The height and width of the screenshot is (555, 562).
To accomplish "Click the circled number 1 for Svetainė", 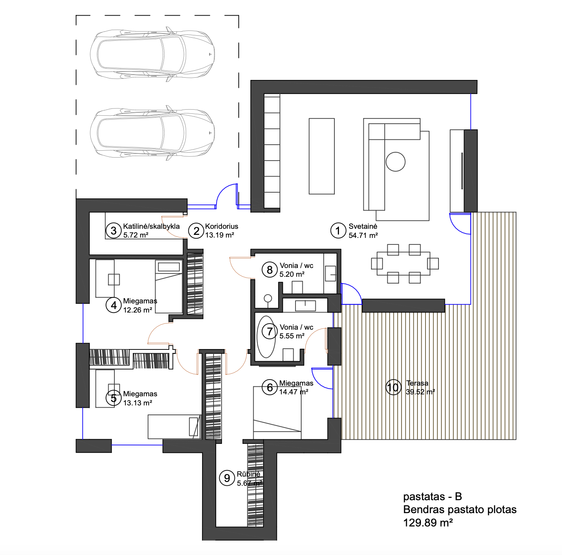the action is point(338,231).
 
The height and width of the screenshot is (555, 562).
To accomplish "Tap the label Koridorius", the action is point(222,226).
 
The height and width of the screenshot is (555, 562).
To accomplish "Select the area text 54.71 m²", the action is point(363,235).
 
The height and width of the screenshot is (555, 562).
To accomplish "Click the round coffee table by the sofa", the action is point(395,162).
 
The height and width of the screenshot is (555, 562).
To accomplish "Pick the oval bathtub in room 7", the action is point(266,337).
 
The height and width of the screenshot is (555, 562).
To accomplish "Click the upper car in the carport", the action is point(152,54).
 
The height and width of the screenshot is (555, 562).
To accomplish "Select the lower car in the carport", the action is point(152,133).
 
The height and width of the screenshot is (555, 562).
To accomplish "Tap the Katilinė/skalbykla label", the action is point(151,226).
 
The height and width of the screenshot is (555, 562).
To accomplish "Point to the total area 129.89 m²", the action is point(428,523).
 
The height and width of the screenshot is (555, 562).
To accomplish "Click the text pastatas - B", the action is point(432,496).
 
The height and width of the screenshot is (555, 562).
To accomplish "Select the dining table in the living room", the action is point(403,263).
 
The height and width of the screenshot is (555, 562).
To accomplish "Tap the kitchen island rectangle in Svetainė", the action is point(322,156).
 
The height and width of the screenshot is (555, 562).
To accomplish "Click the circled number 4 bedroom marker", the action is point(114,305).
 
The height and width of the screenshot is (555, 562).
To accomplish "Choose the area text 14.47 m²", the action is point(294,392).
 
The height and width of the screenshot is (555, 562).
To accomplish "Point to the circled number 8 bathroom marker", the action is point(270,270).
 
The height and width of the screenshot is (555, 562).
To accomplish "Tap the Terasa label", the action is point(417,383).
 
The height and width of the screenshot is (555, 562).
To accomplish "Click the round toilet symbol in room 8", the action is point(268,298).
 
